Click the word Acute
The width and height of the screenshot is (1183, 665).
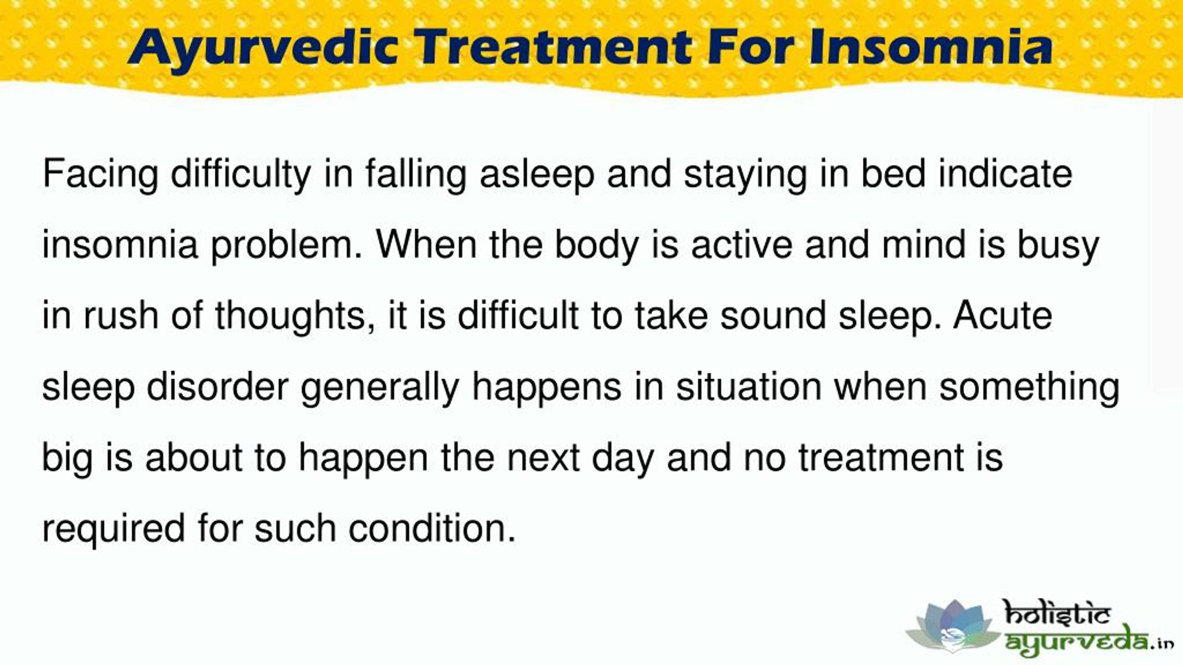(1002, 316)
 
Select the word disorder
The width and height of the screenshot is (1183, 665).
(218, 387)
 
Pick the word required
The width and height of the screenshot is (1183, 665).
(114, 528)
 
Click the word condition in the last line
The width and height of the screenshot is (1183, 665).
(432, 528)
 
